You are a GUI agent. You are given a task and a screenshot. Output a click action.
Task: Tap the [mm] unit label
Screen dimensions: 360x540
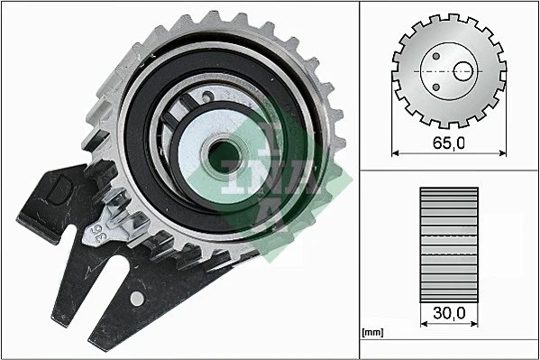pos(371,333)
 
